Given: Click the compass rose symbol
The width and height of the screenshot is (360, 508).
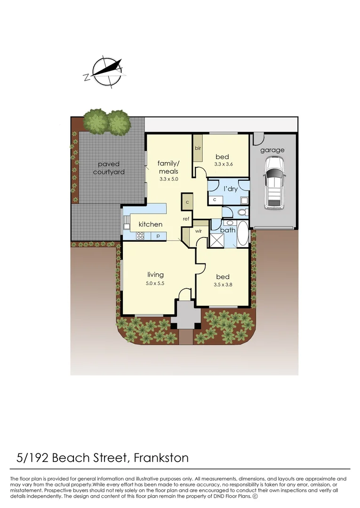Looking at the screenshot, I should [108, 72].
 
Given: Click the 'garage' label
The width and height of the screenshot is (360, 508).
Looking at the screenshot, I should [272, 150].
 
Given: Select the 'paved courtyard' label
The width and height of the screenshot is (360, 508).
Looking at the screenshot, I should [109, 168].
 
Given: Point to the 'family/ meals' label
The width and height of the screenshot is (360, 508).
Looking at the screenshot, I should [168, 167].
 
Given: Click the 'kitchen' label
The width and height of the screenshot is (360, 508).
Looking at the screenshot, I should [150, 224].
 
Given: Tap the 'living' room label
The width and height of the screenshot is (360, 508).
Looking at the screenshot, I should [155, 275].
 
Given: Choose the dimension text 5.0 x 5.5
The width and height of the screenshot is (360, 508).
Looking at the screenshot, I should [155, 283].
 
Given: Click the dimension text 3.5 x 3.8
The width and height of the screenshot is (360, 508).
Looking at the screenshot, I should [223, 285].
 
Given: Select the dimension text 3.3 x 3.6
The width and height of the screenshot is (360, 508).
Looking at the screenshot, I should [224, 165].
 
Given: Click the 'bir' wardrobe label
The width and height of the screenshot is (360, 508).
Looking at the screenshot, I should [198, 148].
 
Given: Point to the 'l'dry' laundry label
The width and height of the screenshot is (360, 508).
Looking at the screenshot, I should [231, 189].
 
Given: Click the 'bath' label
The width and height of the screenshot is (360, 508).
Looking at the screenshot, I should [228, 230].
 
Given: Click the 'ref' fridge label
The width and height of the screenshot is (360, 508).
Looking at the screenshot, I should [186, 219].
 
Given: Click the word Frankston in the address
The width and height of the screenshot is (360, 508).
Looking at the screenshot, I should [161, 457].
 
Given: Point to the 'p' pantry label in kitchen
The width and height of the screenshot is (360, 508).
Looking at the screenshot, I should [158, 236].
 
